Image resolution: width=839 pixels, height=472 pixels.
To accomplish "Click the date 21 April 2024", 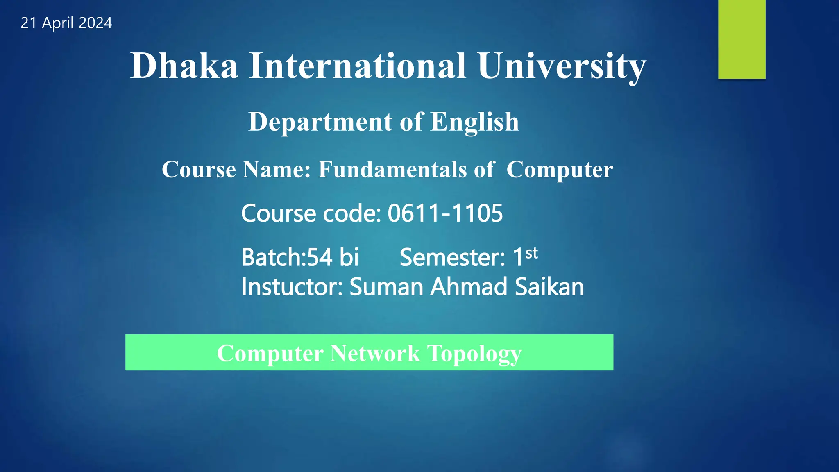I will click(x=66, y=23).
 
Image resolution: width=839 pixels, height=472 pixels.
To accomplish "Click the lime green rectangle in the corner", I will click(x=741, y=39).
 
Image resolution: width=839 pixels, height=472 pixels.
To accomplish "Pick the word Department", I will click(x=320, y=122).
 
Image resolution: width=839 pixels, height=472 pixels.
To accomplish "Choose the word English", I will click(x=474, y=122).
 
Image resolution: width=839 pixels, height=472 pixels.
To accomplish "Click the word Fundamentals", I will click(x=392, y=169).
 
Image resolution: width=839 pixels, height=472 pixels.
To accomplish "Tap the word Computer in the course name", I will click(x=560, y=169).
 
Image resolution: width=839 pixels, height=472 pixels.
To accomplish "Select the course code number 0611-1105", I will click(x=445, y=213).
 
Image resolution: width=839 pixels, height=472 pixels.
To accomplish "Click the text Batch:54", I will click(x=287, y=257).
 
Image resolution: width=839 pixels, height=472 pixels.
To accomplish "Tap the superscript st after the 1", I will click(x=531, y=253).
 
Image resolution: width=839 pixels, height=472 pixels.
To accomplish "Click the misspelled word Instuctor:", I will click(x=292, y=286).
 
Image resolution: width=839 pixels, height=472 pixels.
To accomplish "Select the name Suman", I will click(x=386, y=286).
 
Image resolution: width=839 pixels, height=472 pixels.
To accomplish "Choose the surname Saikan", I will click(x=549, y=286).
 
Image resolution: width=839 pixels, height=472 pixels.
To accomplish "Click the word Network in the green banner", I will click(x=375, y=353).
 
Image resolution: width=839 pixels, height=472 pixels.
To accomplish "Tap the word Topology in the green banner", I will click(x=474, y=353).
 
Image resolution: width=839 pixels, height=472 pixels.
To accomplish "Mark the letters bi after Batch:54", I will click(x=349, y=257).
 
